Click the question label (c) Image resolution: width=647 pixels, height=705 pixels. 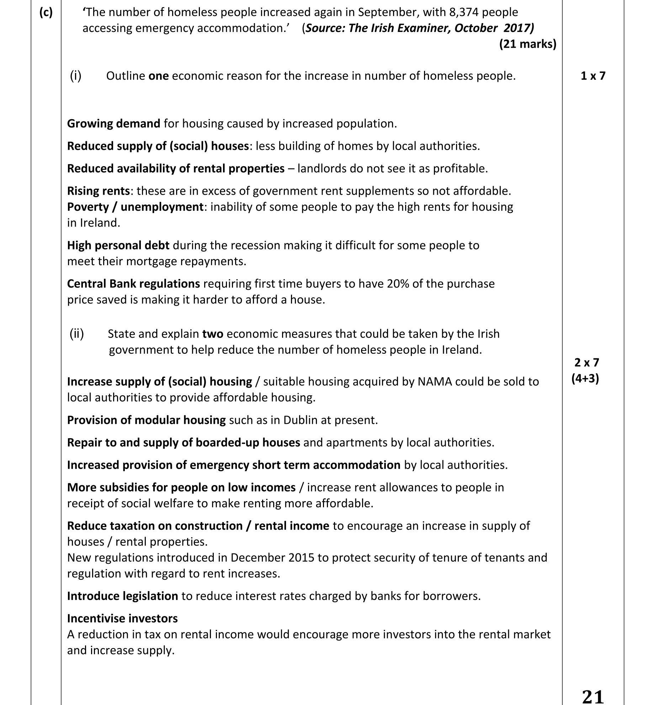pos(46,13)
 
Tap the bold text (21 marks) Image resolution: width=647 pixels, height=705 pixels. pos(528,44)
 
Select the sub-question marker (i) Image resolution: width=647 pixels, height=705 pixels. pos(75,76)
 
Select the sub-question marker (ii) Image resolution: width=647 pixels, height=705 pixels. pos(76,334)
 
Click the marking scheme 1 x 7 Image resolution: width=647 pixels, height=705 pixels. pos(593,76)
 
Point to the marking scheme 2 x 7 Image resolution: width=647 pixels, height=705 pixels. pos(587,362)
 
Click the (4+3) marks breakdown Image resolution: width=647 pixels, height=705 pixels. pos(585,378)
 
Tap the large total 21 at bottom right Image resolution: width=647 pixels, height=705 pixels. pos(593,696)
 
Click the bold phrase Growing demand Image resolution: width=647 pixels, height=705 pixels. pos(113,123)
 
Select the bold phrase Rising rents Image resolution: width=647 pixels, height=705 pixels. pos(98,191)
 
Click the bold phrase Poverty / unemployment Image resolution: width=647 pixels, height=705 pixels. pos(135,207)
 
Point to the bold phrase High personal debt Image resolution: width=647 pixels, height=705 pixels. pos(118,246)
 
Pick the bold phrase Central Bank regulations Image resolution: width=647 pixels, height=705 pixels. pos(133,284)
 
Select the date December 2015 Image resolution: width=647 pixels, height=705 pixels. pos(272,557)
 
